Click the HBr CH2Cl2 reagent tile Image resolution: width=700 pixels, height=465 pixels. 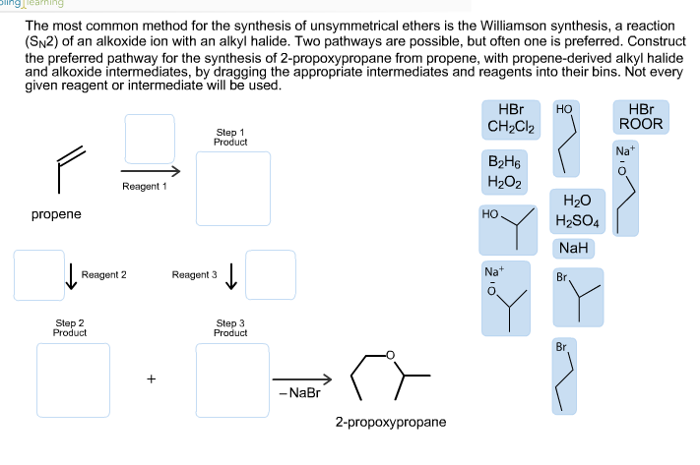tap(511, 118)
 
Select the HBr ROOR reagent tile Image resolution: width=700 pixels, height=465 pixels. tap(639, 116)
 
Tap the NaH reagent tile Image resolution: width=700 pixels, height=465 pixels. tap(573, 249)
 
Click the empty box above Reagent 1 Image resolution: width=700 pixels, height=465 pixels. tap(150, 139)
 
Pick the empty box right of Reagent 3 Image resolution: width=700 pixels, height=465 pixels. tap(271, 272)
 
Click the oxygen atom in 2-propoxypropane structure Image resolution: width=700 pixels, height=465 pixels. tap(391, 356)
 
